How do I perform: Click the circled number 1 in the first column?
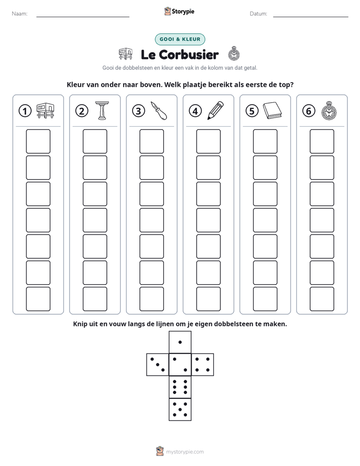click(25, 111)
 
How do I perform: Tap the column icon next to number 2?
click(102, 110)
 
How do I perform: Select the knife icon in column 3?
click(159, 110)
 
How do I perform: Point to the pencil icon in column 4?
click(215, 110)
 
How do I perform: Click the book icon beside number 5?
click(272, 110)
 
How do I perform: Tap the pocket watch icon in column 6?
click(329, 110)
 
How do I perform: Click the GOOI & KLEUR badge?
click(180, 39)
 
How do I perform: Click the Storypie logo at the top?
click(179, 11)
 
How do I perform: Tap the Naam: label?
click(20, 14)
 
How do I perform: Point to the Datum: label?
click(259, 14)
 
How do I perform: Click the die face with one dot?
click(180, 342)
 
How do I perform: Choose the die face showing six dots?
click(180, 387)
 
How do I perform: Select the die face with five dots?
click(180, 409)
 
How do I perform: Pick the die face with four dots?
click(203, 365)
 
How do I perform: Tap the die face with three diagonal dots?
click(158, 365)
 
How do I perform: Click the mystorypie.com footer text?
click(185, 452)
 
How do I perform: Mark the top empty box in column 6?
click(322, 141)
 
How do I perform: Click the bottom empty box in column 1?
click(38, 299)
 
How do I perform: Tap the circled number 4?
click(195, 111)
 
